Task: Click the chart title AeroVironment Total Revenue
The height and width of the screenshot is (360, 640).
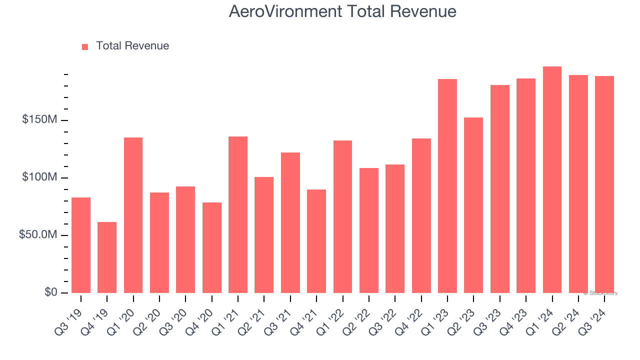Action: (342, 11)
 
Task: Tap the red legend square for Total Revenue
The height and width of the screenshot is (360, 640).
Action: (85, 46)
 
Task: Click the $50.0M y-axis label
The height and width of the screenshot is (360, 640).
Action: (37, 235)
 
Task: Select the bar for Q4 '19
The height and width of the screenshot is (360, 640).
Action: (107, 257)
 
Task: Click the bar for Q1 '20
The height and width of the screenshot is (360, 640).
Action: (133, 215)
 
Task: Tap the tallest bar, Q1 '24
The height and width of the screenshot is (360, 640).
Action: (552, 180)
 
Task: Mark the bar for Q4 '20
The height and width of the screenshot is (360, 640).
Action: (212, 247)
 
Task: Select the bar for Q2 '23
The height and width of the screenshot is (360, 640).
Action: (473, 205)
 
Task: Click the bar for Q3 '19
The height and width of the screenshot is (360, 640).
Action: (81, 245)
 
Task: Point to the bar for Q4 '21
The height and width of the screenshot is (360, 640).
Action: (316, 241)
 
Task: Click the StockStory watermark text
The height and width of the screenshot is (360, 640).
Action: (600, 293)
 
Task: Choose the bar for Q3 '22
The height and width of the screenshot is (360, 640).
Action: (395, 228)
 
